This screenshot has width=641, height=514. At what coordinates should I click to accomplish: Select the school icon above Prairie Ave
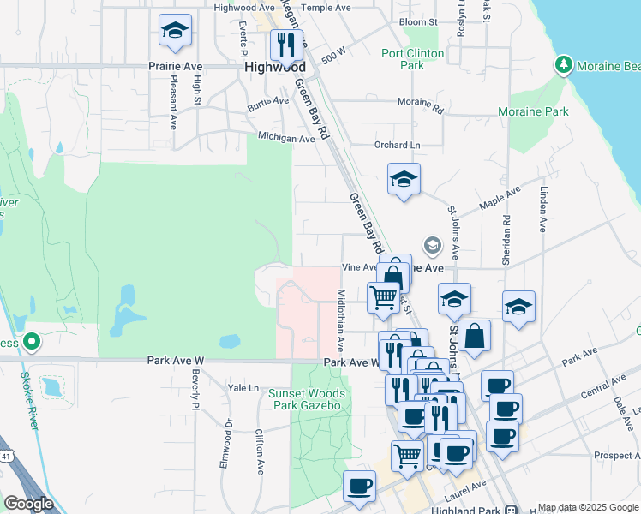pyautogui.click(x=175, y=31)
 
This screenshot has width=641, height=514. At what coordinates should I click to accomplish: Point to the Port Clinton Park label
pyautogui.click(x=413, y=59)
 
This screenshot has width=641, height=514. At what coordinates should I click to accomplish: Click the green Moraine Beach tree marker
pyautogui.click(x=563, y=64)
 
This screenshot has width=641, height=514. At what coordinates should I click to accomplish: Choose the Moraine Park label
pyautogui.click(x=533, y=111)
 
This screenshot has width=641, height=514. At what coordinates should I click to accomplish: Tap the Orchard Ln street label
pyautogui.click(x=397, y=145)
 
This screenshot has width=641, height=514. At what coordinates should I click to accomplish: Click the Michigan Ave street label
pyautogui.click(x=286, y=138)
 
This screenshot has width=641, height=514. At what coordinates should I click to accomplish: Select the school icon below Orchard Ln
pyautogui.click(x=404, y=180)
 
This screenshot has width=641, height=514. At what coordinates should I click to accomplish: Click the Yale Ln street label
pyautogui.click(x=243, y=387)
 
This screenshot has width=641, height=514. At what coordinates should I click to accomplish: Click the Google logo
pyautogui.click(x=27, y=504)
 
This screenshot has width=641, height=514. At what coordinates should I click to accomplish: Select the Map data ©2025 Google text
pyautogui.click(x=587, y=507)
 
